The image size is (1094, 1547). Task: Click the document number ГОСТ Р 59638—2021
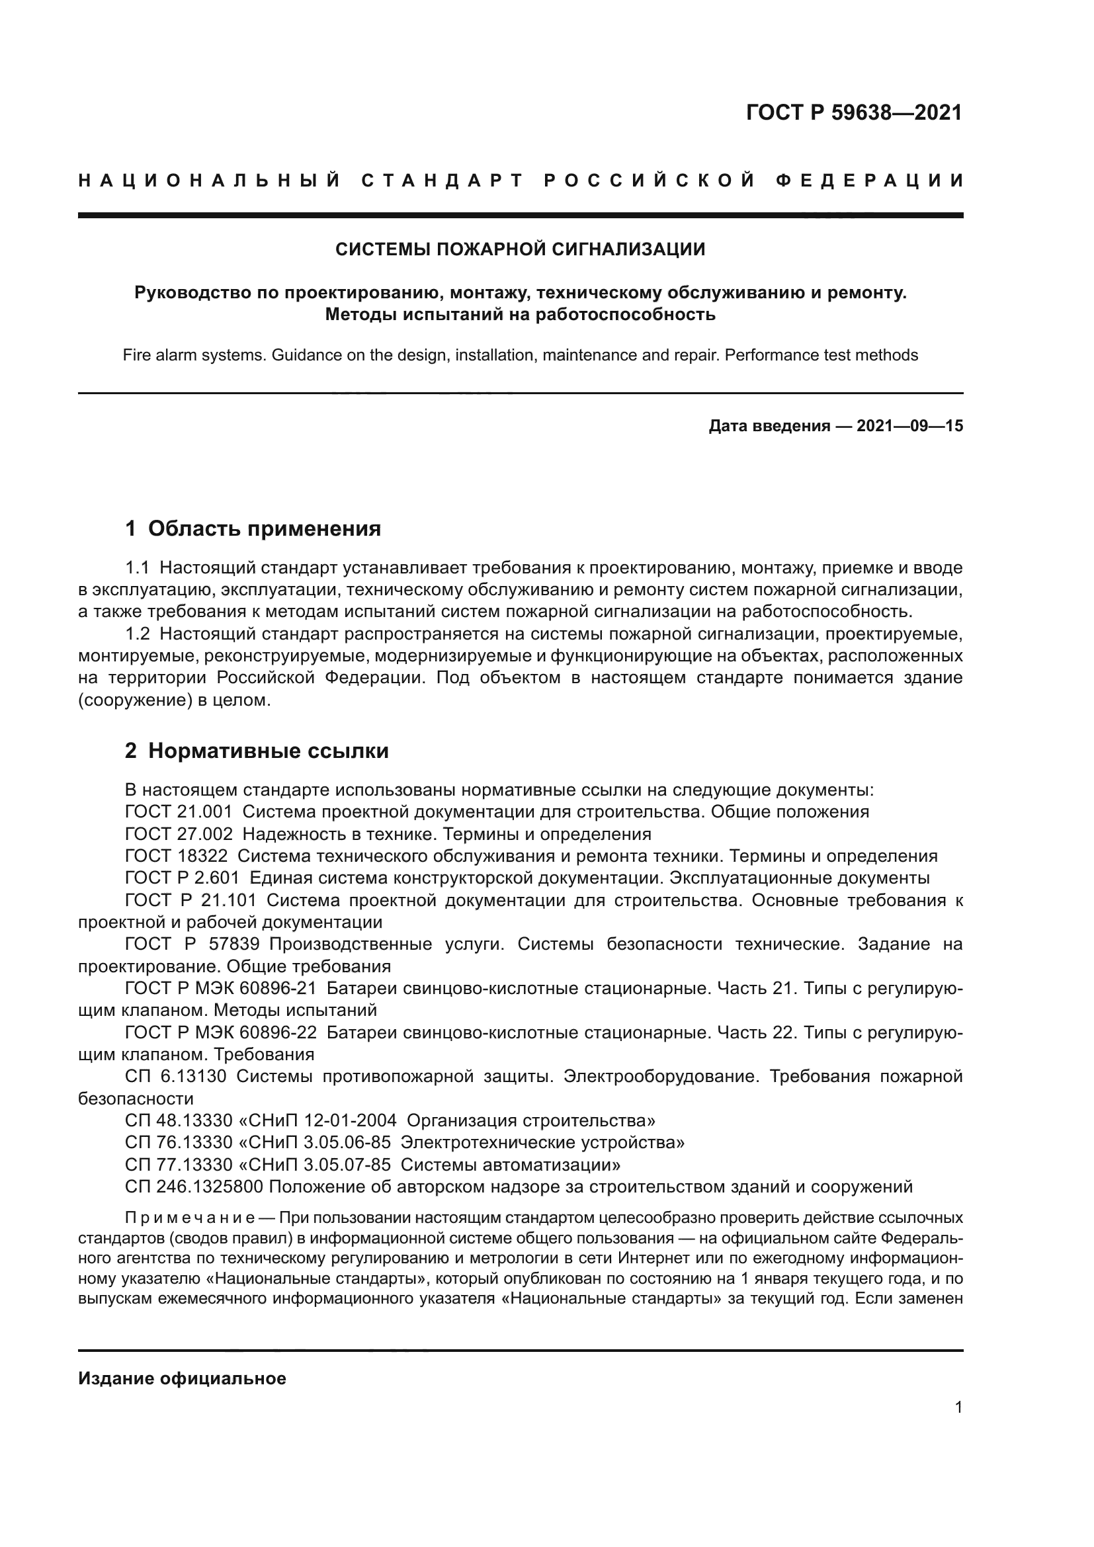853,112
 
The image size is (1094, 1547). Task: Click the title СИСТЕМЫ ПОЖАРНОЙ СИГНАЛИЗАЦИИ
520,249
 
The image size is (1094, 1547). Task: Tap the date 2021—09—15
909,426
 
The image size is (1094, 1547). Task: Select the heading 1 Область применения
253,528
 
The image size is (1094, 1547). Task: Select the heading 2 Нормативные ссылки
257,750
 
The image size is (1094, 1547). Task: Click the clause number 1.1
138,567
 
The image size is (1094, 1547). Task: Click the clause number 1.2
138,634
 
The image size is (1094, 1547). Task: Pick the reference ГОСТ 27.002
179,833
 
